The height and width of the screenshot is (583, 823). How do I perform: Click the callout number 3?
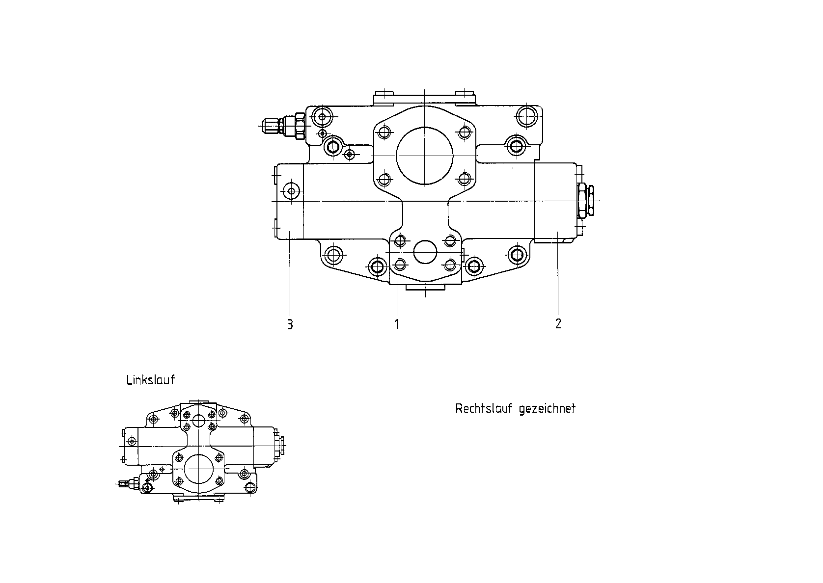[x=290, y=324]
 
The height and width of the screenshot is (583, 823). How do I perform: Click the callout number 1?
[x=397, y=324]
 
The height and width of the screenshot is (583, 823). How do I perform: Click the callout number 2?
[x=558, y=323]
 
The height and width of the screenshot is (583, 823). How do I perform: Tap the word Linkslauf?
[x=151, y=380]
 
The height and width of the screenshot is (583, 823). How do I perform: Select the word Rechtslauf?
[x=484, y=408]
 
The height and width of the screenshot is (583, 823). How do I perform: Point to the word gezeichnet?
[x=548, y=409]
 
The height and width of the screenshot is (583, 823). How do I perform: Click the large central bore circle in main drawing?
[x=425, y=156]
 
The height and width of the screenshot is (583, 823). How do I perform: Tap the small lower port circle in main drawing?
[x=425, y=252]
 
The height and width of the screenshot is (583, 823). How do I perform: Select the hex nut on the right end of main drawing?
[x=586, y=200]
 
